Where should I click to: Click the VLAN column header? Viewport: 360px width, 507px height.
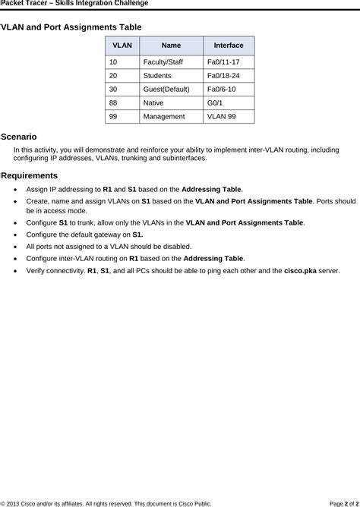(122, 46)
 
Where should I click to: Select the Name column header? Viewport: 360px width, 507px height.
(171, 46)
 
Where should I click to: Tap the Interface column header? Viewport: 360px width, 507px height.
(229, 46)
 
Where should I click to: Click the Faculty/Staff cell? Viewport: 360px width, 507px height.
(163, 62)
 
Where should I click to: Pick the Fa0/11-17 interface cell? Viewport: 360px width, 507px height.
(223, 62)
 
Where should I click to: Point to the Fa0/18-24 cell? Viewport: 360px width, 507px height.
(223, 76)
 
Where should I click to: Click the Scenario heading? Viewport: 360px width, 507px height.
(19, 137)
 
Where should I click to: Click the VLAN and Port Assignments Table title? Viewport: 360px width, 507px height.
(71, 27)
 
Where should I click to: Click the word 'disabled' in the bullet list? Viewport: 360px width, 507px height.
(175, 247)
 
